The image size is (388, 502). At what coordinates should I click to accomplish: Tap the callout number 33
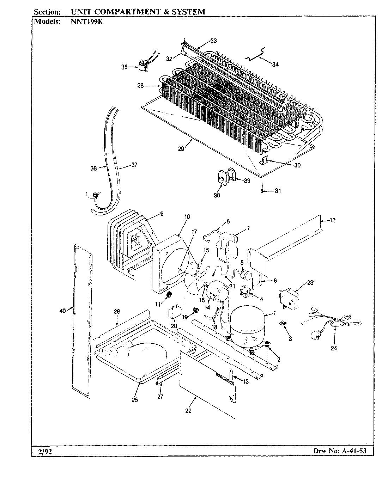pyautogui.click(x=214, y=41)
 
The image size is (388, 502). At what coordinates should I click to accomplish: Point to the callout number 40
pyautogui.click(x=62, y=311)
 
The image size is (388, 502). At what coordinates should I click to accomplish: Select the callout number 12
pyautogui.click(x=333, y=220)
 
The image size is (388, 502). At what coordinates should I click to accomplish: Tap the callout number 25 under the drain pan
pyautogui.click(x=135, y=400)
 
